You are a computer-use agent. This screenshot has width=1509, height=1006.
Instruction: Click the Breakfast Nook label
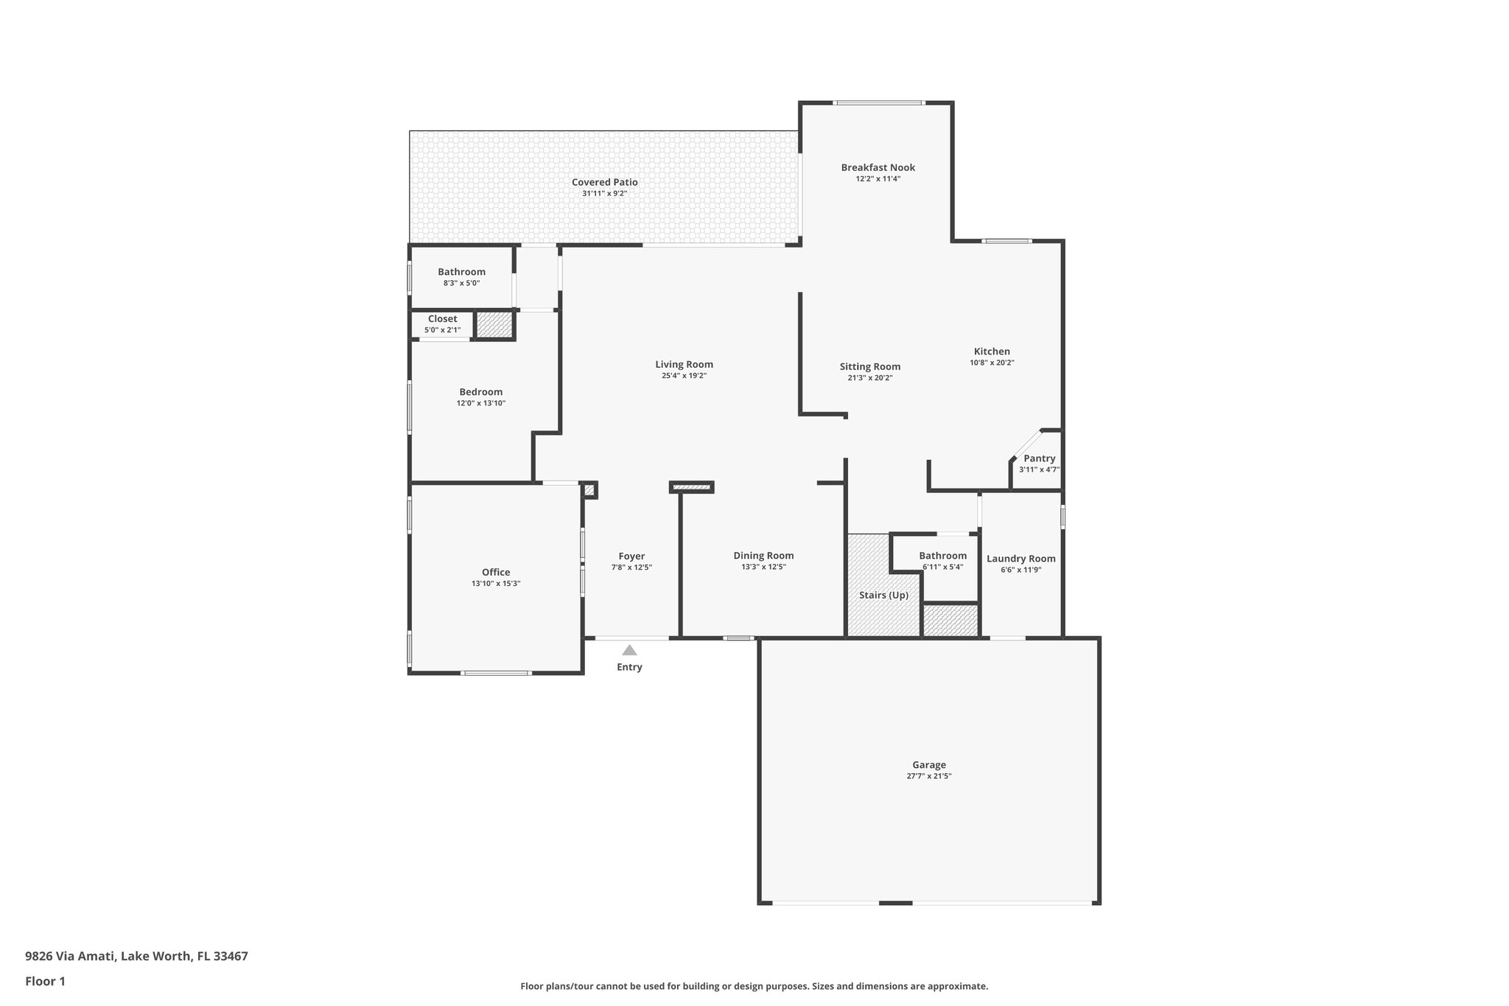pyautogui.click(x=878, y=167)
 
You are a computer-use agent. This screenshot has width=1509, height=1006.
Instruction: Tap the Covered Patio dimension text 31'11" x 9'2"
pyautogui.click(x=604, y=194)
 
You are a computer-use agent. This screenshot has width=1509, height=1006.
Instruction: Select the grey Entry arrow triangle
pyautogui.click(x=629, y=650)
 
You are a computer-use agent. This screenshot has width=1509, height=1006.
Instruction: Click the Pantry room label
pyautogui.click(x=1039, y=458)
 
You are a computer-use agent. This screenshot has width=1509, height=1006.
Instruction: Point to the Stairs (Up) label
pyautogui.click(x=883, y=595)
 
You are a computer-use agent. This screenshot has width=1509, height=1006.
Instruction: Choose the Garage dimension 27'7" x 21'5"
pyautogui.click(x=928, y=776)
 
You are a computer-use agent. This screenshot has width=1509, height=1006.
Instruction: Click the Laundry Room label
pyautogui.click(x=1020, y=559)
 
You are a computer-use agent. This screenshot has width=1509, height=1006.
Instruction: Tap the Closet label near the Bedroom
pyautogui.click(x=442, y=319)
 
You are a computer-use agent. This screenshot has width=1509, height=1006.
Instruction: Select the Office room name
pyautogui.click(x=496, y=572)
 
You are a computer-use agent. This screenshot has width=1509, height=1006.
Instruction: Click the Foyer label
pyautogui.click(x=631, y=556)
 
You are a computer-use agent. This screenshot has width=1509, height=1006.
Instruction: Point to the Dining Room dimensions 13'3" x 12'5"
pyautogui.click(x=763, y=567)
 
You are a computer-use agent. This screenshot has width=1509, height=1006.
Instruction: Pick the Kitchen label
pyautogui.click(x=992, y=352)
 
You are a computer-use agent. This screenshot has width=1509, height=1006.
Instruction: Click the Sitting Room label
pyautogui.click(x=869, y=366)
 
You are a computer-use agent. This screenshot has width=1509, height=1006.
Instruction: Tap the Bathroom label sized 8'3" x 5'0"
pyautogui.click(x=461, y=272)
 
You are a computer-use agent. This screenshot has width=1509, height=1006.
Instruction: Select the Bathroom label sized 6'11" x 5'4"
pyautogui.click(x=942, y=556)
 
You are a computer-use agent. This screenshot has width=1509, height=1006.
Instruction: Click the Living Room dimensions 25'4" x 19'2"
pyautogui.click(x=684, y=376)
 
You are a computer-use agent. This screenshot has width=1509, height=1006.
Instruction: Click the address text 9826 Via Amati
pyautogui.click(x=70, y=956)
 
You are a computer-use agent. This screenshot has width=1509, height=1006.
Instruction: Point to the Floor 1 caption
pyautogui.click(x=45, y=981)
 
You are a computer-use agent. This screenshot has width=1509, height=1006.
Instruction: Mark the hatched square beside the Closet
pyautogui.click(x=494, y=324)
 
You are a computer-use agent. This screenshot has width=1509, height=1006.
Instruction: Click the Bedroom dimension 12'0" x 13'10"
pyautogui.click(x=480, y=403)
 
